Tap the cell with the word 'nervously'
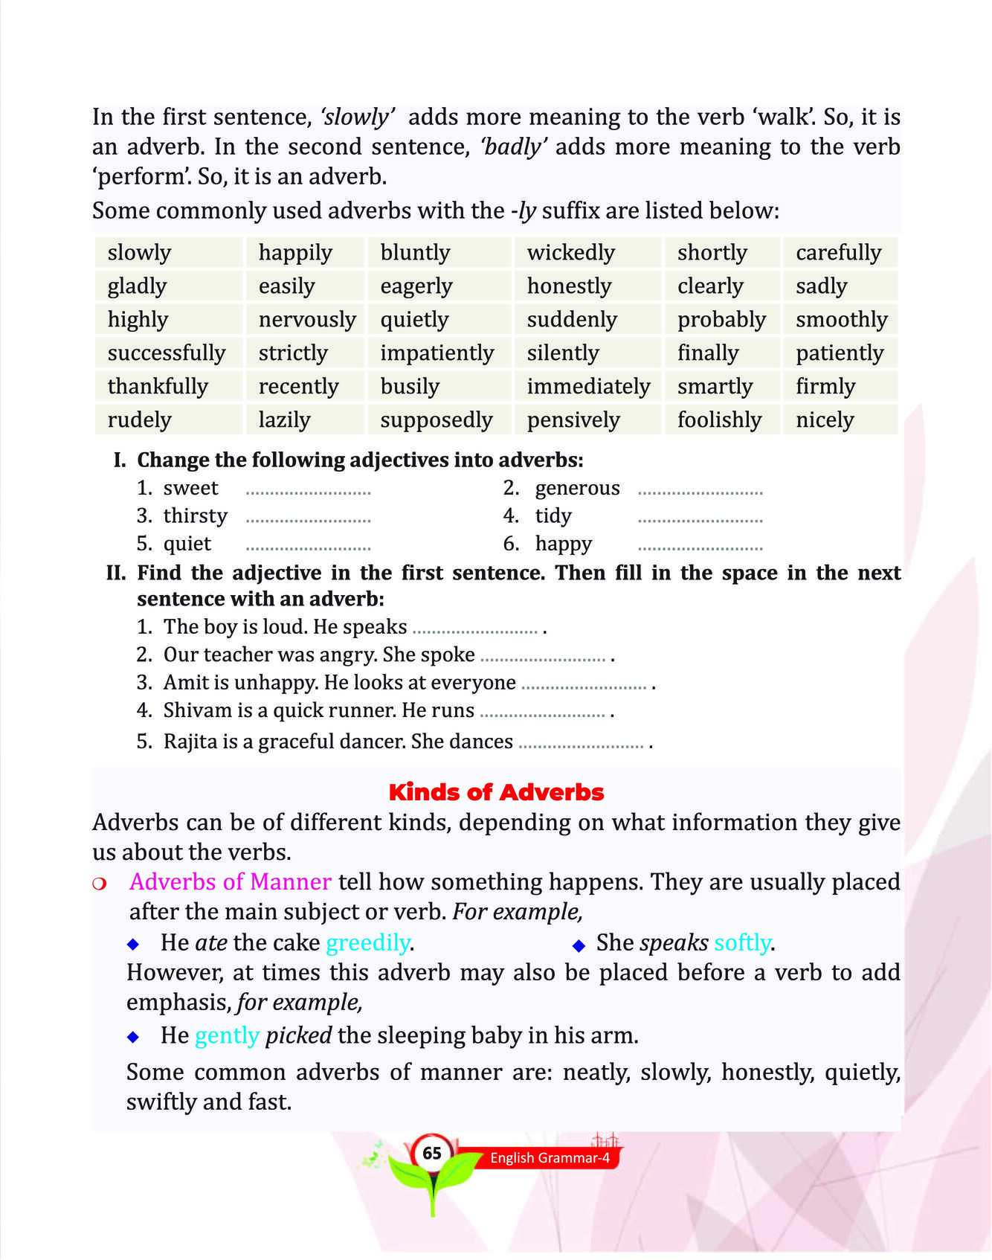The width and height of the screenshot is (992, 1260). pyautogui.click(x=306, y=320)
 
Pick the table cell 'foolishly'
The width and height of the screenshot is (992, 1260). pyautogui.click(x=719, y=420)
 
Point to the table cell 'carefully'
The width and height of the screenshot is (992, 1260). pyautogui.click(x=838, y=253)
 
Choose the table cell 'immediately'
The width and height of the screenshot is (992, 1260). pyautogui.click(x=588, y=387)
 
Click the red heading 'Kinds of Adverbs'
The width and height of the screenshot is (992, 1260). pyautogui.click(x=496, y=792)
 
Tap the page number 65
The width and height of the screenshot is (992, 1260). pyautogui.click(x=432, y=1154)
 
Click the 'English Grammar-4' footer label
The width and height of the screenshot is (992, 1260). pyautogui.click(x=550, y=1158)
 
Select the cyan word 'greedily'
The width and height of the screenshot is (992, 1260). pyautogui.click(x=368, y=943)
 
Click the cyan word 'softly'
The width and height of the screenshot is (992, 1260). pyautogui.click(x=741, y=943)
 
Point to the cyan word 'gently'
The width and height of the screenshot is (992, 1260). pyautogui.click(x=227, y=1035)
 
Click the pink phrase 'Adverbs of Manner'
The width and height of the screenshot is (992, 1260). pyautogui.click(x=231, y=882)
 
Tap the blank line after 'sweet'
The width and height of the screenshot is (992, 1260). pyautogui.click(x=308, y=493)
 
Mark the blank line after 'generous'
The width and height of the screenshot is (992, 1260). pyautogui.click(x=700, y=493)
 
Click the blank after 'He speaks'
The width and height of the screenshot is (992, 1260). pyautogui.click(x=474, y=631)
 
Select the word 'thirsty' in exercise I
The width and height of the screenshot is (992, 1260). pyautogui.click(x=195, y=516)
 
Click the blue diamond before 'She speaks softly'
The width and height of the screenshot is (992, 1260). pyautogui.click(x=579, y=945)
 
